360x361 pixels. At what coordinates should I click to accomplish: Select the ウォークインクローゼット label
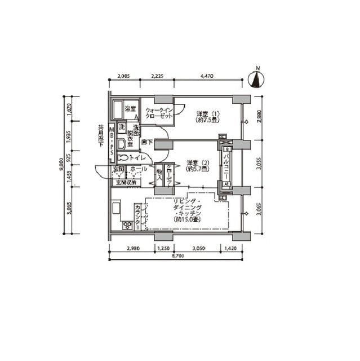tap(158, 112)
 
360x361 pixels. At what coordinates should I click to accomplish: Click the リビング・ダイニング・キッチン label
tap(188, 210)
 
